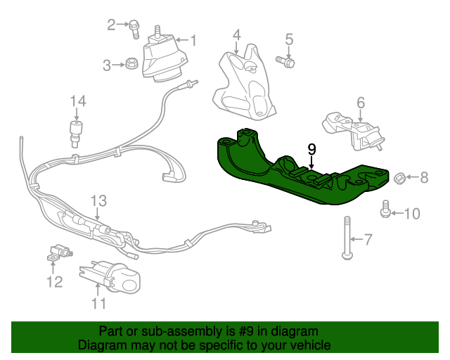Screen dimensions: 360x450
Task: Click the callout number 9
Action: [x=312, y=149]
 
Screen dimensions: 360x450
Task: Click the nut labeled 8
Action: [x=397, y=177]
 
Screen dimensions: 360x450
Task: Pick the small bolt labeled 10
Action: [x=385, y=209]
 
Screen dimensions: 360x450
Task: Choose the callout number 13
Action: [x=98, y=201]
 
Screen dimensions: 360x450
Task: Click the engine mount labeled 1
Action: [x=165, y=58]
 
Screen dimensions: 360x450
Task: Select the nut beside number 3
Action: [x=131, y=65]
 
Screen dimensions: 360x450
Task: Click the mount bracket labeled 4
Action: [x=243, y=81]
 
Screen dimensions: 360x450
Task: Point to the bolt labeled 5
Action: [x=286, y=63]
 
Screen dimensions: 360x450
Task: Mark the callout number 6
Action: [x=361, y=103]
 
